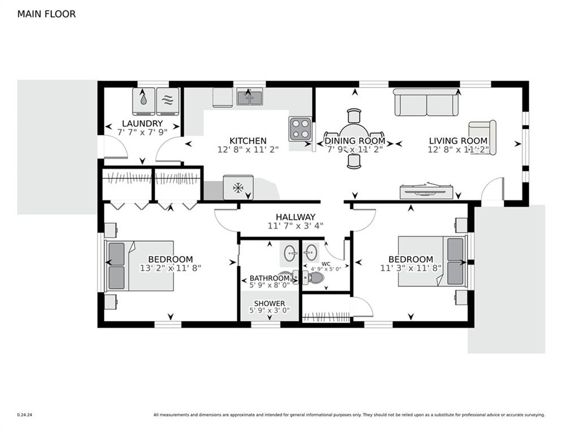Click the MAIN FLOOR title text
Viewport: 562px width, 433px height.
point(46,14)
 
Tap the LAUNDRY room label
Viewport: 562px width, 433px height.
point(142,123)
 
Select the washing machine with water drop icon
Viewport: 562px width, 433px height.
point(143,101)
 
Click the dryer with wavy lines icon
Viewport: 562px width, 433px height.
point(168,101)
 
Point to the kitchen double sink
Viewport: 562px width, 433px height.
point(250,96)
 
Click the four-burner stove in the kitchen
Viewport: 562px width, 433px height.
point(300,129)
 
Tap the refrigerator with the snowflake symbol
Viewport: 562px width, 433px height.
point(238,187)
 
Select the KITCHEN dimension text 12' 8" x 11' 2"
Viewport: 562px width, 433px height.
point(248,149)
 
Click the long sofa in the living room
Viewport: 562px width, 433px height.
point(426,103)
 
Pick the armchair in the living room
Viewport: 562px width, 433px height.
point(482,138)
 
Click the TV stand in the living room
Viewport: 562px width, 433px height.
point(426,192)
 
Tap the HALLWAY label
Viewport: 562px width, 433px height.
point(295,217)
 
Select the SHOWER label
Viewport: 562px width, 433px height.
point(269,303)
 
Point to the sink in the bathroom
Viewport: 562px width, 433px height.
point(289,253)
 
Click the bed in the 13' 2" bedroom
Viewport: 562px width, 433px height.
point(139,266)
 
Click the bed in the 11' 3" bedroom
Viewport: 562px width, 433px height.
point(433,261)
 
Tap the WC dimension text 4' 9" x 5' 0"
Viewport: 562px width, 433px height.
point(326,269)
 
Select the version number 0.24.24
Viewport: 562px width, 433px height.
point(25,415)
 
